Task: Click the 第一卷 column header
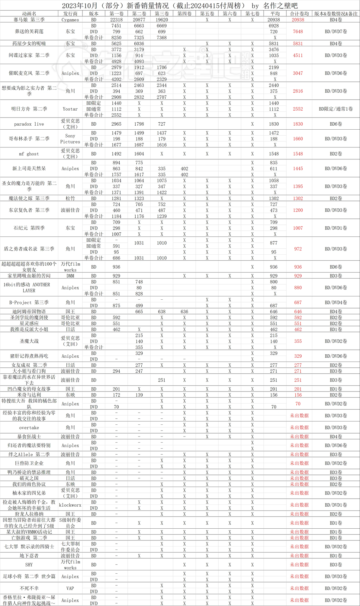coord(116,14)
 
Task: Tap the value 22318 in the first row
coord(116,20)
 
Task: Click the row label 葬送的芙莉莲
coord(29,31)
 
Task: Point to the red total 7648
coord(298,31)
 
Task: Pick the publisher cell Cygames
coord(70,20)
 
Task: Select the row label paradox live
coord(29,124)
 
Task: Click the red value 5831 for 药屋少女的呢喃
coord(298,44)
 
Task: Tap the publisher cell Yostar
coord(70,109)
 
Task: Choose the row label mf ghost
coord(29,154)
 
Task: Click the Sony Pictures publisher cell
coord(70,139)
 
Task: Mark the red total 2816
coord(298,91)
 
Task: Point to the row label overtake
coord(29,427)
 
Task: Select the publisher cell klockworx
coord(70,505)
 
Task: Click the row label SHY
coord(29,565)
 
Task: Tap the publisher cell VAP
coord(70,588)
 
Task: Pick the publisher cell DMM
coord(70,276)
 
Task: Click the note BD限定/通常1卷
coord(336,109)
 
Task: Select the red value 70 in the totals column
coord(298,404)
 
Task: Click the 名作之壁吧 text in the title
coord(280,5)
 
